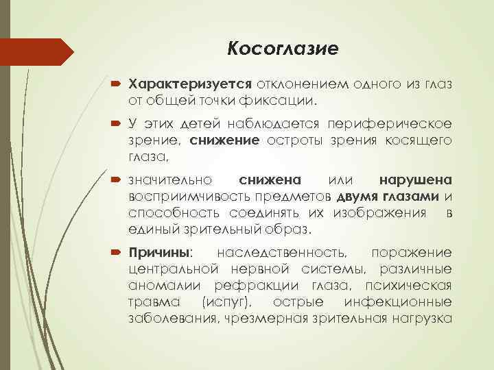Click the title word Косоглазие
(283, 49)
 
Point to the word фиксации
(287, 101)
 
